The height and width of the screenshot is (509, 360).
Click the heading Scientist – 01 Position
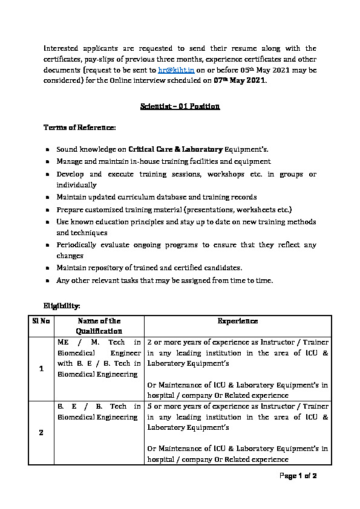tap(180, 106)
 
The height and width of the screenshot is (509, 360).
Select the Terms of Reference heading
tap(79, 128)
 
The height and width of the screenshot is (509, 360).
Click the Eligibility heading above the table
tap(62, 307)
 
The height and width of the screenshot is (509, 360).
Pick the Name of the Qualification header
tap(99, 326)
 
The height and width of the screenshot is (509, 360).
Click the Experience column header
tap(238, 321)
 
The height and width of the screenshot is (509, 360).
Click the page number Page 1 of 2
tap(297, 476)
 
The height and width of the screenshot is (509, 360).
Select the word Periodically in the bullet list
tap(78, 245)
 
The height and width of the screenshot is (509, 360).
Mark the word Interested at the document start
tap(62, 48)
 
